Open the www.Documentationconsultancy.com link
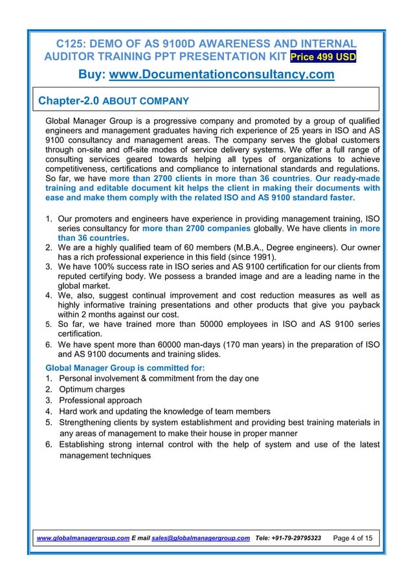(x=222, y=76)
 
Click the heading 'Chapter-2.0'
(x=69, y=101)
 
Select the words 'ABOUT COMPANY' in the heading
(x=146, y=102)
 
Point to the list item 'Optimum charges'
(x=92, y=390)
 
